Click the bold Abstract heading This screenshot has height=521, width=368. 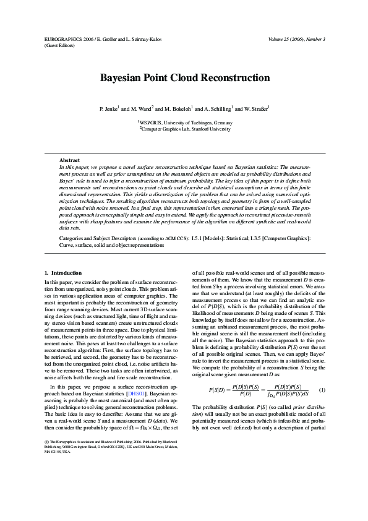[x=69, y=160]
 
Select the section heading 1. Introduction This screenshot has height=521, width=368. [x=64, y=273]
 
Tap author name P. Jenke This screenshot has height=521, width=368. [x=109, y=108]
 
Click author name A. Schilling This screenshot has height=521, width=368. [x=215, y=108]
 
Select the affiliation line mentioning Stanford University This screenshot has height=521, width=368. [x=184, y=129]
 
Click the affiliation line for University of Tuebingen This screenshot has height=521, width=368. [x=184, y=123]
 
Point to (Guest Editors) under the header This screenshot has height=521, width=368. [x=59, y=45]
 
